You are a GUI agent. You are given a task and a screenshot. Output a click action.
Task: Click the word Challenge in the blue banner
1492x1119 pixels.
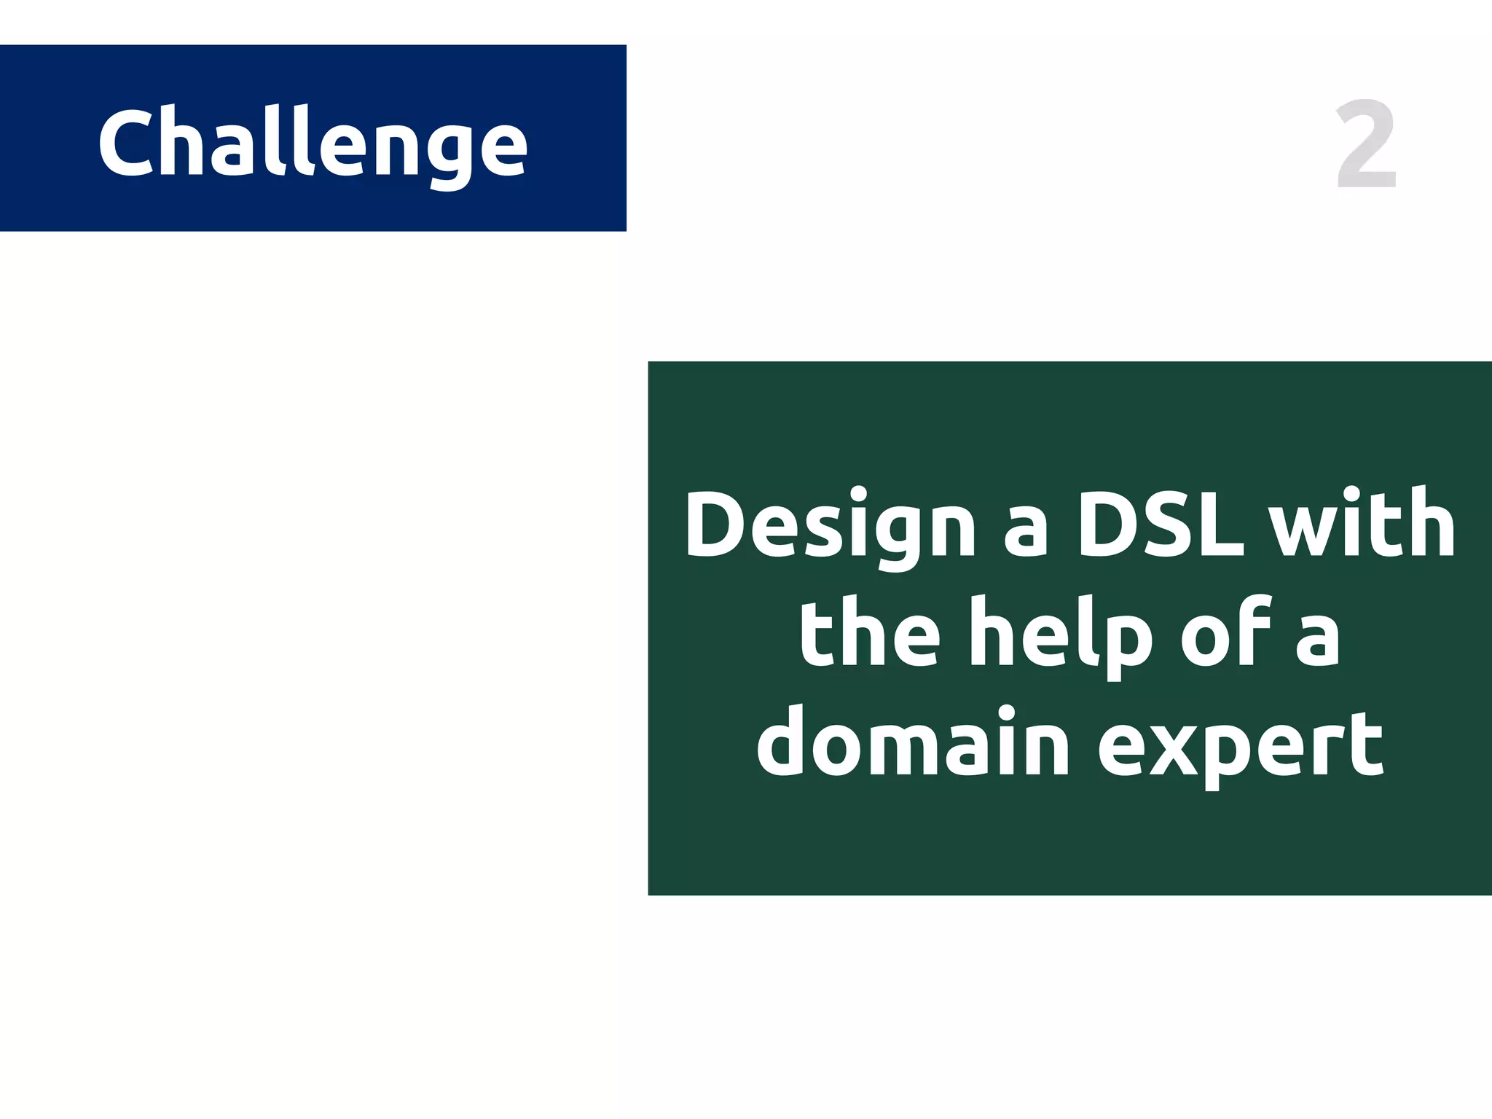(313, 143)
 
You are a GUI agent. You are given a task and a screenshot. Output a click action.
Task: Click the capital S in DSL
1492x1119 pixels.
(1162, 523)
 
